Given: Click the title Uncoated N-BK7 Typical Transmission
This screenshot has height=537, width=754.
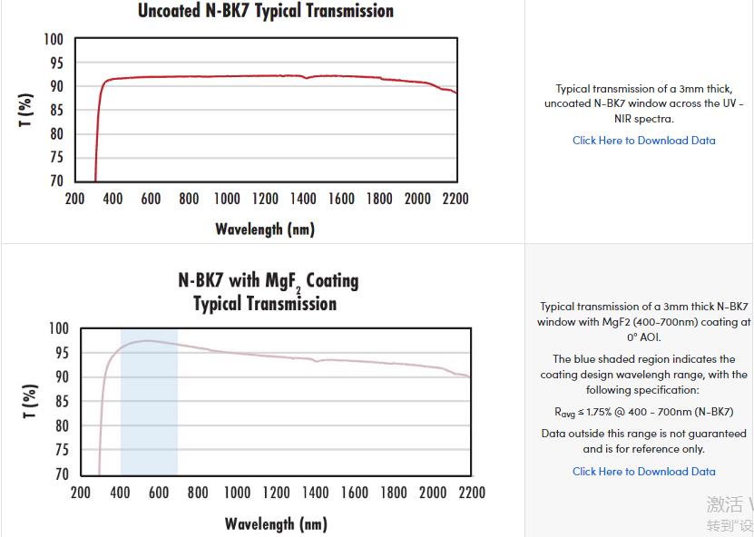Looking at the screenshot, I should (x=266, y=12).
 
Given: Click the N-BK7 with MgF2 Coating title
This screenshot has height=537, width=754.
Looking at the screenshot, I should (x=268, y=280).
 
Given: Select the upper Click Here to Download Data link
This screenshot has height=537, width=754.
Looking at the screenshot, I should (x=643, y=141).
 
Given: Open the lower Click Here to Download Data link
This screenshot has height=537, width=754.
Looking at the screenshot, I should (x=643, y=472).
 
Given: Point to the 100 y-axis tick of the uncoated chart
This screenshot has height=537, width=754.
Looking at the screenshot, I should (x=53, y=40).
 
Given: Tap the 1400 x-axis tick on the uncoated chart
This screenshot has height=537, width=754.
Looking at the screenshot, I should (x=303, y=199).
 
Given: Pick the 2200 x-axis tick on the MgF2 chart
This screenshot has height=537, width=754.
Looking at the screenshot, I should (x=471, y=493).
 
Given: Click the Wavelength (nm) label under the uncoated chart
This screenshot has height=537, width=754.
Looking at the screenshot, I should (x=265, y=229).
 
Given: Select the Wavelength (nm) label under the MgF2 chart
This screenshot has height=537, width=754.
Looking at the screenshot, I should (x=276, y=523).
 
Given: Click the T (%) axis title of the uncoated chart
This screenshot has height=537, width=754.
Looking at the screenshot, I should (x=26, y=110).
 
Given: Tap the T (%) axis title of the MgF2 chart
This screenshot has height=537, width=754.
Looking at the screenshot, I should (x=30, y=401).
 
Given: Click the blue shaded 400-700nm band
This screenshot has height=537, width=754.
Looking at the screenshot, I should (x=149, y=417).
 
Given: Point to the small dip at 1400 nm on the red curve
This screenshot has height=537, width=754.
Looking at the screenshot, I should (x=306, y=78).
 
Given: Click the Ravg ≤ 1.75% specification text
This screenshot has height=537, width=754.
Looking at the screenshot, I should (x=643, y=412).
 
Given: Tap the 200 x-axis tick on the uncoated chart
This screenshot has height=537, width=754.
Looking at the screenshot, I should (x=74, y=199).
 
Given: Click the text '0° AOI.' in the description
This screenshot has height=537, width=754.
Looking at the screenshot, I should (x=643, y=337).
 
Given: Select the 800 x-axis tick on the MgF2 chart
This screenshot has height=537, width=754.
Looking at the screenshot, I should (x=198, y=493).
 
